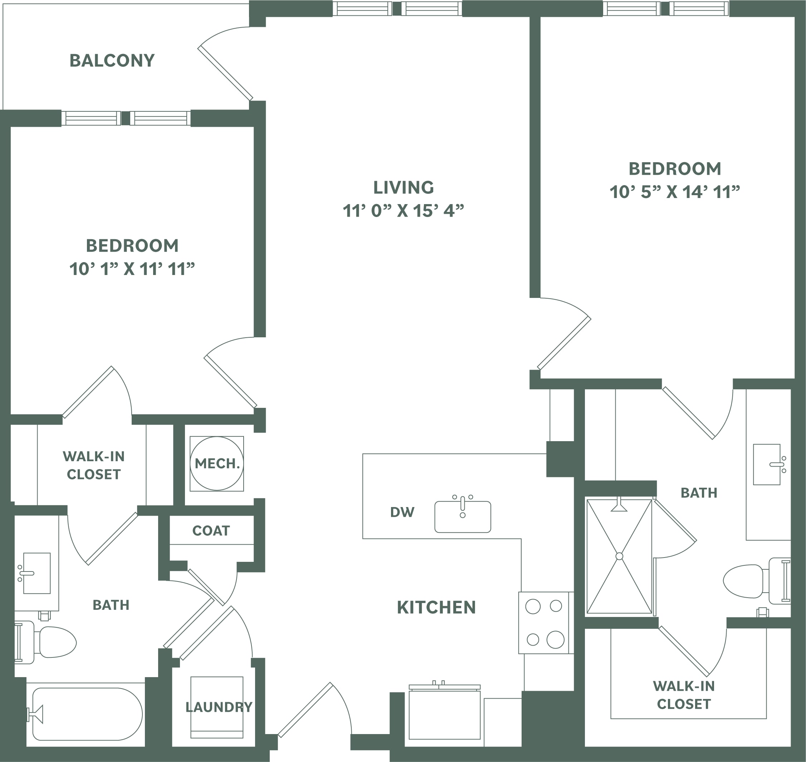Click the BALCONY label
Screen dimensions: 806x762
click(112, 61)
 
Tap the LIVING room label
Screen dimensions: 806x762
click(404, 187)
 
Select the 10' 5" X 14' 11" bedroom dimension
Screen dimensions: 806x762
click(674, 192)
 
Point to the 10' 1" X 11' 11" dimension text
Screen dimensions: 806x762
click(132, 269)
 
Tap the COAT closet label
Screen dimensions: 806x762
click(211, 530)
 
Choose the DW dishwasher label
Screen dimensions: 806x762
click(402, 512)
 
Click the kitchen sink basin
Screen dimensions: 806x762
click(463, 517)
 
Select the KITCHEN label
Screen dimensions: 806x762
click(436, 607)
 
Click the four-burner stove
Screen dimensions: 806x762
click(544, 623)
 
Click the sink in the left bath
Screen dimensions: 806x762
click(36, 573)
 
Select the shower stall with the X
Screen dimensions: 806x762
click(619, 556)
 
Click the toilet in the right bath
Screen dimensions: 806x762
click(757, 581)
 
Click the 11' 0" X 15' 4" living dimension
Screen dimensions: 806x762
click(404, 211)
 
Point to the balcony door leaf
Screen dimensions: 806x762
click(225, 73)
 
